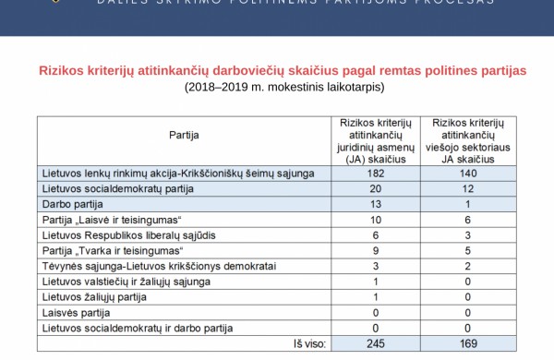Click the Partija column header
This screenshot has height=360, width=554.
tap(184, 134)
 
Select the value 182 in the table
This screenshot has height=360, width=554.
tap(375, 173)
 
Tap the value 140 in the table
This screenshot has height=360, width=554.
tap(468, 173)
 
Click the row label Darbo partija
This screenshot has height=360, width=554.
tap(73, 204)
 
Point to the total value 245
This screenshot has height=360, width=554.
tap(375, 344)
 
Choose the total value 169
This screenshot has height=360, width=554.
tap(468, 344)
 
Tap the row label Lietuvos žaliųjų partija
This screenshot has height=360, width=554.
tap(95, 297)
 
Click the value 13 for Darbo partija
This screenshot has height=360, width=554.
tap(375, 204)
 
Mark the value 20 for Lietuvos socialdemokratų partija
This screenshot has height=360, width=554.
tap(375, 188)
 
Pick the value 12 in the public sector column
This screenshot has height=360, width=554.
tap(468, 188)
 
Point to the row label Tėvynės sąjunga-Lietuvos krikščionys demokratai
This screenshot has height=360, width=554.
tap(156, 266)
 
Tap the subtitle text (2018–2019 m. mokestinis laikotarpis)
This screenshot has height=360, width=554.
tap(283, 87)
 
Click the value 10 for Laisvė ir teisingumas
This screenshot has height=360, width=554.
tap(375, 220)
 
